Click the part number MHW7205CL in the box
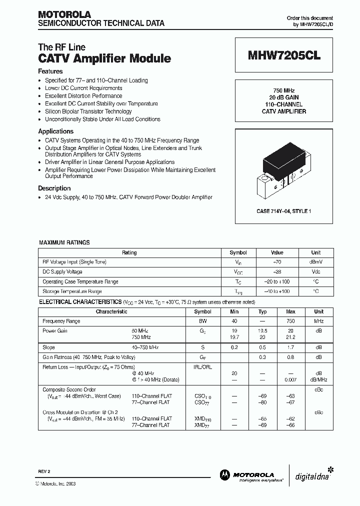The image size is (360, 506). [284, 56]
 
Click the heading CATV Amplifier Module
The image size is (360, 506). [104, 58]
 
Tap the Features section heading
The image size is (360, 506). [50, 71]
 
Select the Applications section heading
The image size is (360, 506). [55, 131]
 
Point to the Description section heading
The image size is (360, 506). [54, 188]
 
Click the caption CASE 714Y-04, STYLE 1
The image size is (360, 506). [284, 211]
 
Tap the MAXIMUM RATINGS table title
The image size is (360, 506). [64, 242]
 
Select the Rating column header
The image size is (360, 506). [129, 253]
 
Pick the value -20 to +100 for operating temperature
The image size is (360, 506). [277, 281]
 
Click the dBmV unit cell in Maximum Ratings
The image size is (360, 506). [316, 262]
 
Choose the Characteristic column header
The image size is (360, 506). [111, 311]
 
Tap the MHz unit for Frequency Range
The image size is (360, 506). [318, 321]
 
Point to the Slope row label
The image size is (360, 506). [49, 347]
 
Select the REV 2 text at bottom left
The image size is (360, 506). [44, 472]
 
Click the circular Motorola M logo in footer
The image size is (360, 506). [224, 475]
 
